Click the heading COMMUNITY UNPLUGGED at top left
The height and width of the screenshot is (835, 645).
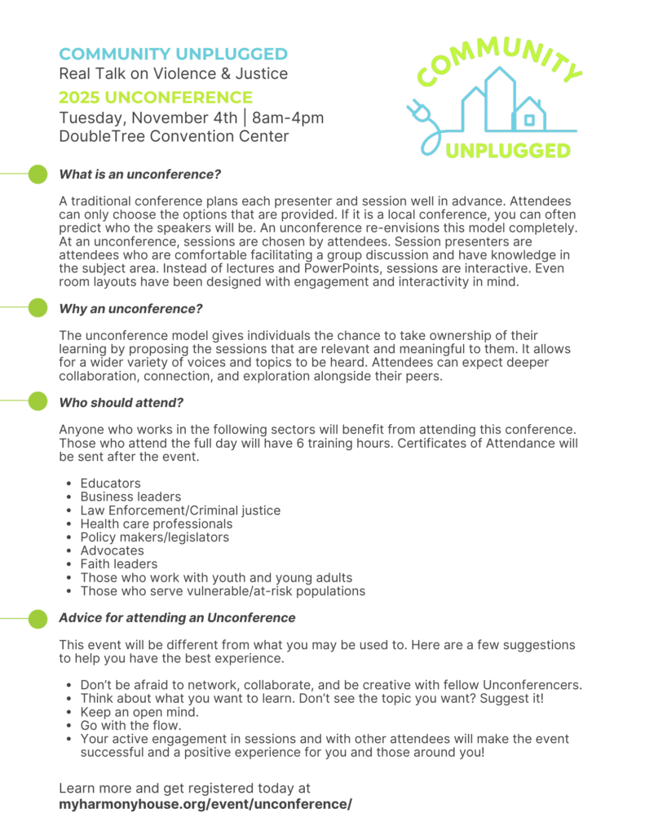coord(173,55)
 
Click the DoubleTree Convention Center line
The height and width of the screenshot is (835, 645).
coord(174,136)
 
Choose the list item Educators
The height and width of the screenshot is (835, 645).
coord(110,484)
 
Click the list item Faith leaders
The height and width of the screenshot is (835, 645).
coord(119,563)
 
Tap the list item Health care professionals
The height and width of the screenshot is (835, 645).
coord(156,524)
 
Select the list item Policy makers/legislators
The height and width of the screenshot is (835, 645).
coord(154,537)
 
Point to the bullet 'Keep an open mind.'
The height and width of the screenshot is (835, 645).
coord(139,712)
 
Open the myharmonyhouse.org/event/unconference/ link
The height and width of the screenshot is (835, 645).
coord(205,804)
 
